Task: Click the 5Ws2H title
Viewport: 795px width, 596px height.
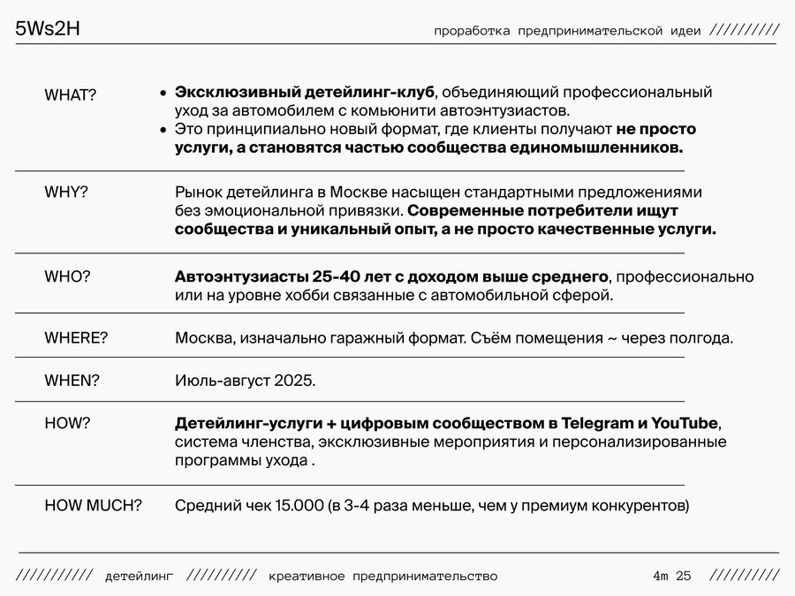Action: click(49, 29)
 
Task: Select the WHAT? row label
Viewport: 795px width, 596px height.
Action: click(71, 95)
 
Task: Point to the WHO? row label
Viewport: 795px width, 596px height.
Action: click(67, 276)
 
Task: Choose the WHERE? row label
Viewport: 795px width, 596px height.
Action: click(76, 338)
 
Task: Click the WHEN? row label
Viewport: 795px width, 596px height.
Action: click(72, 381)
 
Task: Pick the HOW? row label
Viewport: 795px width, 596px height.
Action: click(67, 423)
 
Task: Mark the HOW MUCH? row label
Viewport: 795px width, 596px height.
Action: click(94, 506)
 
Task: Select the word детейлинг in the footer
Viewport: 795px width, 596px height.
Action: click(140, 577)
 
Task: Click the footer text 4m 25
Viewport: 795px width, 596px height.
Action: click(671, 577)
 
